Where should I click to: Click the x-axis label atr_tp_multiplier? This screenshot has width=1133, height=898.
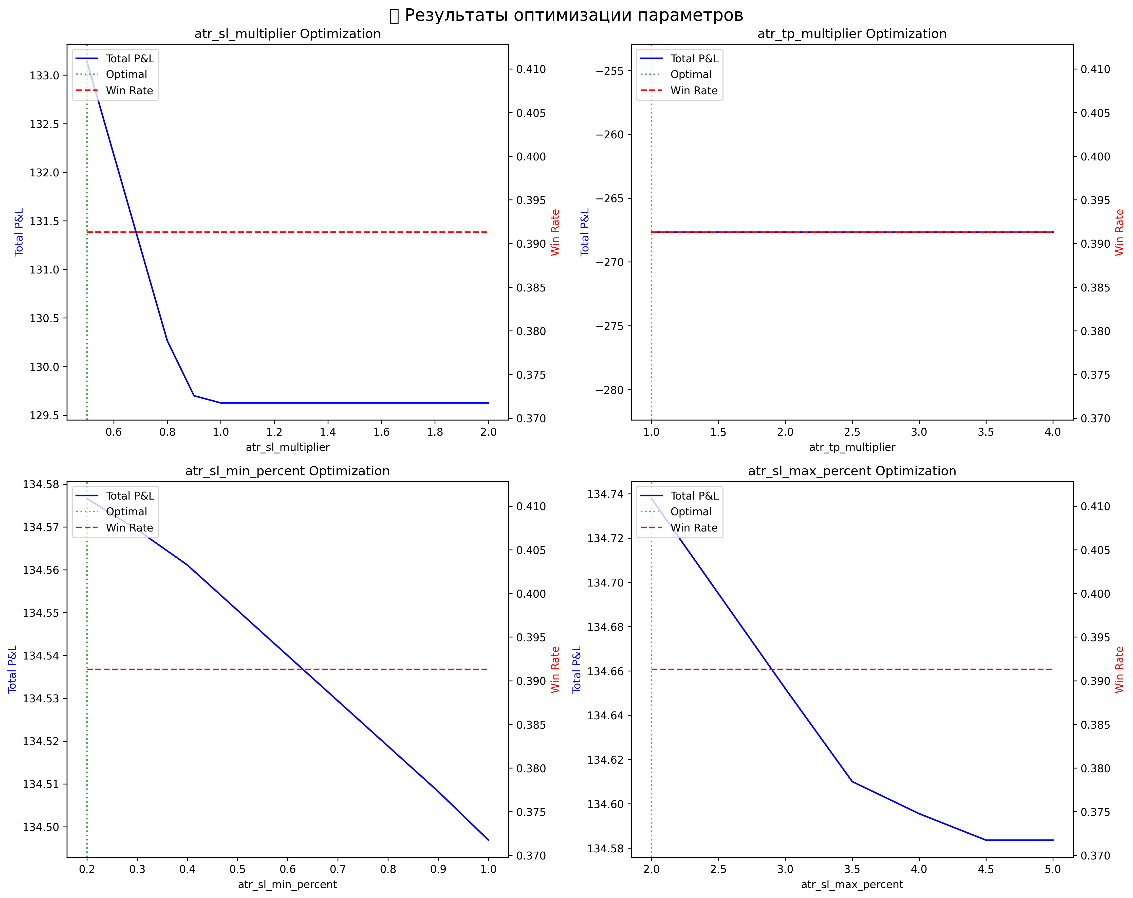(x=852, y=447)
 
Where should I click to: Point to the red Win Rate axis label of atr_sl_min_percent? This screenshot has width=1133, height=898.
(x=555, y=669)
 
